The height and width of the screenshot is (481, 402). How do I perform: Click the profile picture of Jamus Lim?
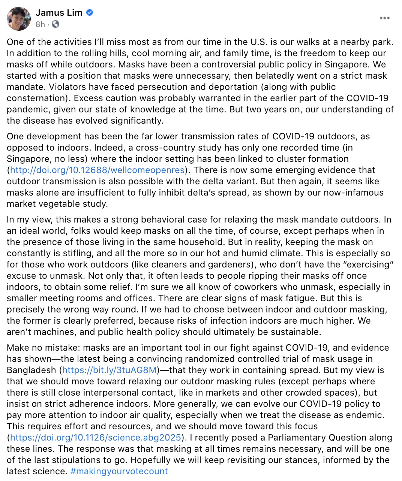[x=19, y=18]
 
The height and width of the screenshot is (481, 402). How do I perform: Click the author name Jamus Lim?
[x=59, y=13]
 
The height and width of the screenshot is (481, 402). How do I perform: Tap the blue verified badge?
[x=90, y=12]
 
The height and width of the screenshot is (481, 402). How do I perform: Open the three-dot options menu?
[x=384, y=18]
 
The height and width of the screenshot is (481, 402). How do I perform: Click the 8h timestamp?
[x=40, y=24]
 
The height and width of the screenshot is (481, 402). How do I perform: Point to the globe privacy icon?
[x=55, y=24]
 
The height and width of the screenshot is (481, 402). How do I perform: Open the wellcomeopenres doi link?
[x=97, y=170]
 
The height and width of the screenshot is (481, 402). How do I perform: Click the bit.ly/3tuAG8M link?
[x=109, y=370]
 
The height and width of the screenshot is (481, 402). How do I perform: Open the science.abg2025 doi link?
[x=96, y=438]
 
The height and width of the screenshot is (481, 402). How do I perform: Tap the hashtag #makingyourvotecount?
[x=119, y=471]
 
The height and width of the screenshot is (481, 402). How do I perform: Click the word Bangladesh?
[x=31, y=370]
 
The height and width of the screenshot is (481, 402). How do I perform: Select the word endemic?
[x=367, y=415]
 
